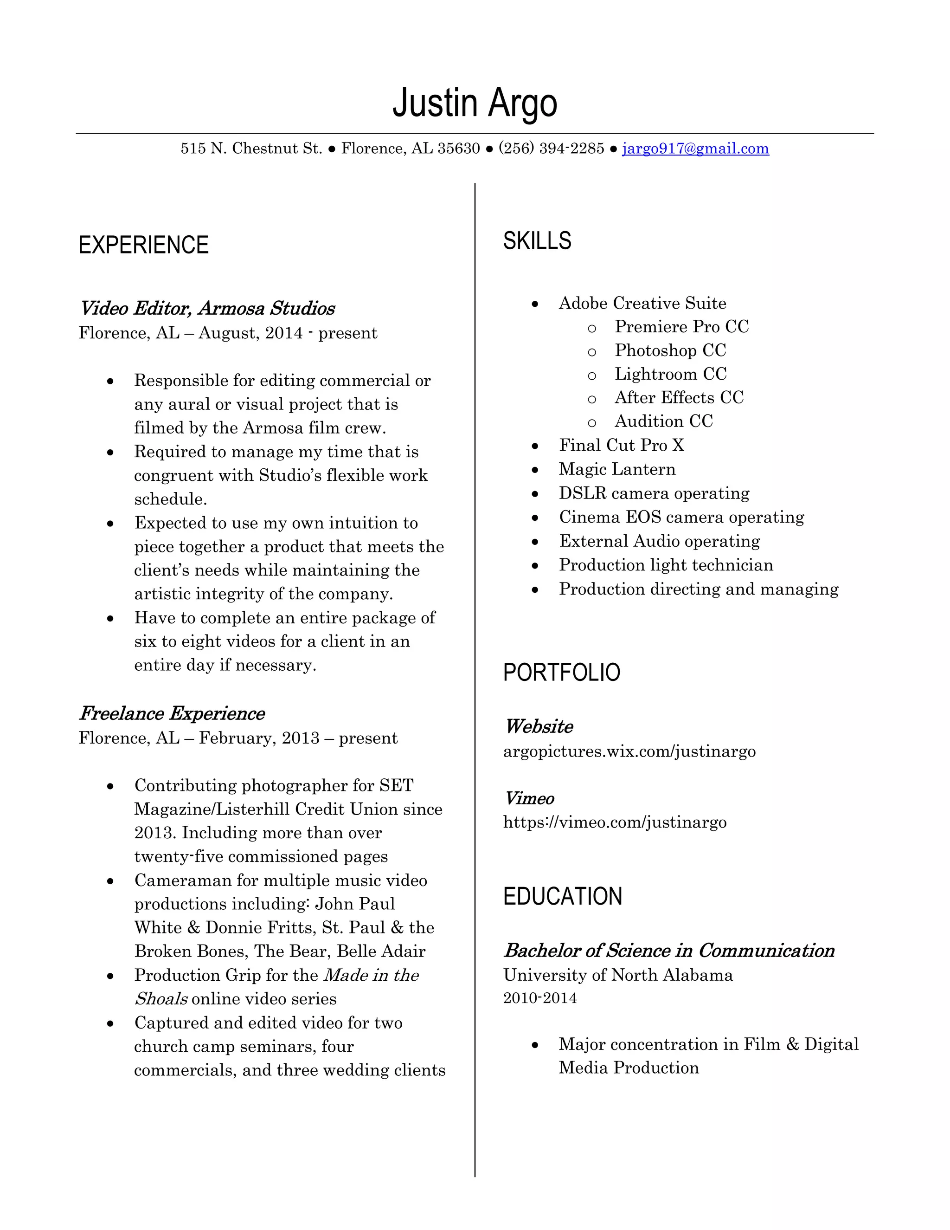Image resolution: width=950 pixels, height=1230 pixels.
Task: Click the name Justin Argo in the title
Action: coord(475,103)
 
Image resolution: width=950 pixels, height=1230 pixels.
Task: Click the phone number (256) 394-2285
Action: coord(551,149)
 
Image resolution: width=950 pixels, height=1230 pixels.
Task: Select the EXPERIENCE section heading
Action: coord(143,246)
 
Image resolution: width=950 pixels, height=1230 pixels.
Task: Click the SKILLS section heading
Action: coord(537,241)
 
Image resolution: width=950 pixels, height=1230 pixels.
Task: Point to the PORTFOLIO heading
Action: coord(561,673)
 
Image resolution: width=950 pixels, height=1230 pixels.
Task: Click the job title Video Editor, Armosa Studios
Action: coord(207,309)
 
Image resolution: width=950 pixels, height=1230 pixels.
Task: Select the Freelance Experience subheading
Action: coord(172,713)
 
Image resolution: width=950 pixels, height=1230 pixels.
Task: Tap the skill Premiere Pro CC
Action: coord(681,327)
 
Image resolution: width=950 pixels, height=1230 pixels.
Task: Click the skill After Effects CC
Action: coord(679,398)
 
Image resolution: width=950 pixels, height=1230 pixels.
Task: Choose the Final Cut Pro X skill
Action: coord(621,446)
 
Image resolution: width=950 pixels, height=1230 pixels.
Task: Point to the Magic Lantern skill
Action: coord(617,469)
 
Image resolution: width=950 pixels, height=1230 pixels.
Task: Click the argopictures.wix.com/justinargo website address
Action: coord(629,751)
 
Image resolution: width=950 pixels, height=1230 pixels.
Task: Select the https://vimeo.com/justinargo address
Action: coord(615,822)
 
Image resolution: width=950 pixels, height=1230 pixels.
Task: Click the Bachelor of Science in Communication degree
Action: coord(668,951)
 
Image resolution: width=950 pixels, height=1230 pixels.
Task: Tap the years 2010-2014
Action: coord(540,998)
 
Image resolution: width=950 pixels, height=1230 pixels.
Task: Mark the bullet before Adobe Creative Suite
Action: coord(535,304)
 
